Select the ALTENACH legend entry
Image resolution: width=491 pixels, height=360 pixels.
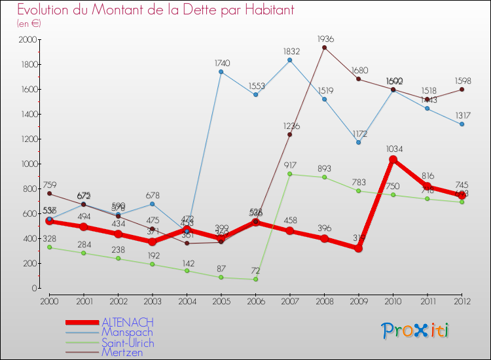point(127,322)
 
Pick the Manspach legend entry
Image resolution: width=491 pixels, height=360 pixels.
point(127,333)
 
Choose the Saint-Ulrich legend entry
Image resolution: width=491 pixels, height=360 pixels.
point(127,342)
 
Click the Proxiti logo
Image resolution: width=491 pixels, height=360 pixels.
point(416,331)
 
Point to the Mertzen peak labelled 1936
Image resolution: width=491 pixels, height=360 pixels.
point(324,47)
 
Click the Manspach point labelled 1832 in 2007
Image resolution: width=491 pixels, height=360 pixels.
point(290,60)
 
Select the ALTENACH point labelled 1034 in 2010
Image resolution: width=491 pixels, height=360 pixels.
point(393,159)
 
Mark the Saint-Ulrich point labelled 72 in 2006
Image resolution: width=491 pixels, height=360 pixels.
point(255,279)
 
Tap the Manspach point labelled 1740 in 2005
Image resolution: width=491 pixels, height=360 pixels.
point(221,71)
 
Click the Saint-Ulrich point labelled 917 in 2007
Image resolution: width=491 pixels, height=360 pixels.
point(290,174)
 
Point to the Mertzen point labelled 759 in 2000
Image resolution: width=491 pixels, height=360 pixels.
point(49,193)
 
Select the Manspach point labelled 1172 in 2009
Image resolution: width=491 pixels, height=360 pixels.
point(359,142)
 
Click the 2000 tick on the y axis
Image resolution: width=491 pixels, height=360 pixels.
point(29,39)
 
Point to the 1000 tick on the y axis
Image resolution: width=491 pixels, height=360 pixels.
point(29,164)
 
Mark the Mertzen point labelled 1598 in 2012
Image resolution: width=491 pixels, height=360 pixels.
point(462,89)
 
